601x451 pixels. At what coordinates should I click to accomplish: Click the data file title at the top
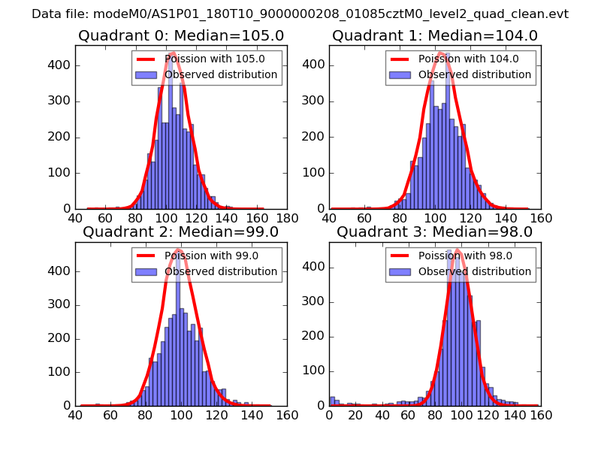300,14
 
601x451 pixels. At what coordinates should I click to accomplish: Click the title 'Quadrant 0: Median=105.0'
180,35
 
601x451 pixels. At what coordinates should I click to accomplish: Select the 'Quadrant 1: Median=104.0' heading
434,35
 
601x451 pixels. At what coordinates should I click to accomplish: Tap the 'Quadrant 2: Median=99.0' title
180,232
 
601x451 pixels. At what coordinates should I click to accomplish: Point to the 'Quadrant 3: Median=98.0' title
434,232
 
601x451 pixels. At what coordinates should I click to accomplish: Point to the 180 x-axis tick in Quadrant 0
286,218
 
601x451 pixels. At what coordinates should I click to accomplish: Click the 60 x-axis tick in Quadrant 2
110,414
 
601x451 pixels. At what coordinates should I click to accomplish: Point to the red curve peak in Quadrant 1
442,53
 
